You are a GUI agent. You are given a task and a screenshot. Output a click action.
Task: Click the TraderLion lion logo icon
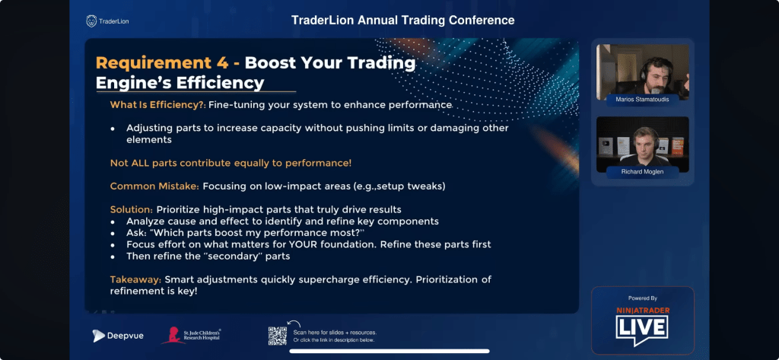tap(91, 21)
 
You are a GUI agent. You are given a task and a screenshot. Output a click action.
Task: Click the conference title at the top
tap(403, 21)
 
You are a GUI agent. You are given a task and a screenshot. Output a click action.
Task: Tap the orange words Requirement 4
tap(163, 63)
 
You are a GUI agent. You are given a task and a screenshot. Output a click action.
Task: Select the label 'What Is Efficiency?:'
tap(158, 105)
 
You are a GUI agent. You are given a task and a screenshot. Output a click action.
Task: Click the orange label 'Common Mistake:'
tap(154, 186)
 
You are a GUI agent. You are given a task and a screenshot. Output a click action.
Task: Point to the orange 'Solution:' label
tap(132, 209)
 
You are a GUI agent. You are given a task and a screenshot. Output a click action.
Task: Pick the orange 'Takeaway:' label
tap(135, 279)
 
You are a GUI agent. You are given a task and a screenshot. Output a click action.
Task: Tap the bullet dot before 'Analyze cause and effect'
tap(113, 221)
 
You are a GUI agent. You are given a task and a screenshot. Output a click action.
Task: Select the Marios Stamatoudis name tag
tap(642, 100)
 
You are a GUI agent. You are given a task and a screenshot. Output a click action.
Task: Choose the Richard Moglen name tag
tap(642, 172)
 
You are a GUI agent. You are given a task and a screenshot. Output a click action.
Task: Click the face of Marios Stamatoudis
tap(655, 74)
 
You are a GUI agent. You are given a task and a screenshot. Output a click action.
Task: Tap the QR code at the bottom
tap(277, 336)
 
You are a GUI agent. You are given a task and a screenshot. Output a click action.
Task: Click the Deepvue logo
tap(118, 336)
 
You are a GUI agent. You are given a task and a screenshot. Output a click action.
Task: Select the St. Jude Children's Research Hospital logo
tap(191, 336)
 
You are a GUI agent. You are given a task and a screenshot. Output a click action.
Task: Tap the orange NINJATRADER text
tap(643, 311)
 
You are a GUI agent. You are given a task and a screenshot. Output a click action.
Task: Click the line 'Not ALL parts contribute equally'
tap(231, 163)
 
